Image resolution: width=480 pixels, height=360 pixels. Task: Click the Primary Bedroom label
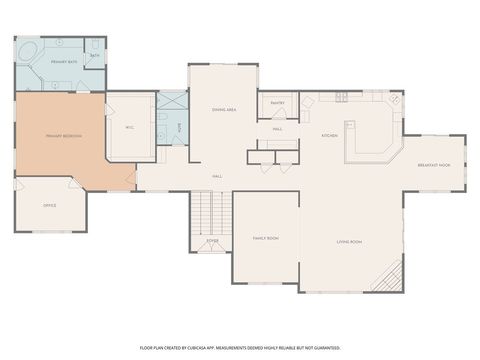[63, 136]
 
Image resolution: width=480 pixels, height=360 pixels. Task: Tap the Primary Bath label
[65, 62]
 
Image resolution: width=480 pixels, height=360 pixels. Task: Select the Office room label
[49, 206]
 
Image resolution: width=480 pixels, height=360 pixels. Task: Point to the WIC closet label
[129, 128]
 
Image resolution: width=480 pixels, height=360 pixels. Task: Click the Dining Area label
[224, 109]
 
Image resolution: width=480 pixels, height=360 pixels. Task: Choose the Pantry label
[277, 103]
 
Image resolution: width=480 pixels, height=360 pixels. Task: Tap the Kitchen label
[329, 135]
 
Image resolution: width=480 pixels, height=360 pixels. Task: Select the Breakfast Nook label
[433, 165]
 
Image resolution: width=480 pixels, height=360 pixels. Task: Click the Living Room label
[348, 242]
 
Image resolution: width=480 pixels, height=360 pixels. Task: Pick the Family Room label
[265, 238]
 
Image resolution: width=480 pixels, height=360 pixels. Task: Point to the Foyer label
[212, 241]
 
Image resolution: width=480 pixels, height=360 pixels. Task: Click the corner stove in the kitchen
[395, 100]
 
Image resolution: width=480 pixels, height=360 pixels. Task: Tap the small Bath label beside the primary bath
[95, 56]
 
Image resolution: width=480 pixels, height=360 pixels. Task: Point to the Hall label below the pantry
[277, 129]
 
